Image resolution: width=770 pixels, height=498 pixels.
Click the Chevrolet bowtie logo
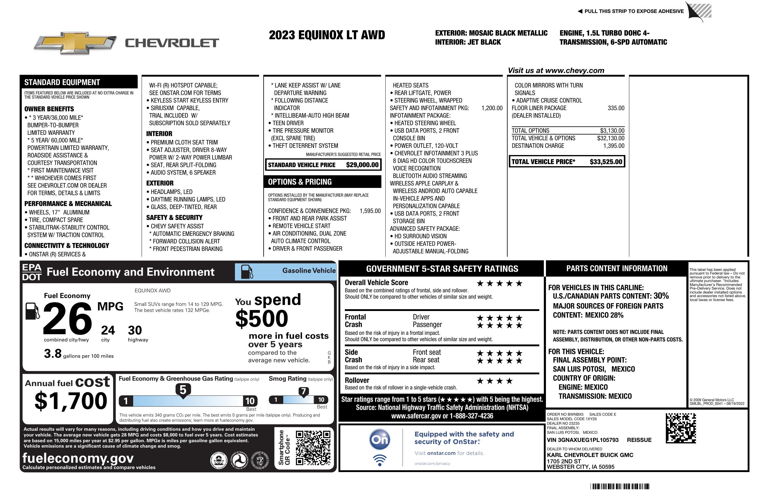pos(75,43)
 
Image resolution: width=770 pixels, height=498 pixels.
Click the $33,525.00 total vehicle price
pos(606,162)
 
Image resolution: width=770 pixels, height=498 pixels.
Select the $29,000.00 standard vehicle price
pos(362,165)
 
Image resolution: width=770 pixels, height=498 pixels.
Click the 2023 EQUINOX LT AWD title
pos(327,35)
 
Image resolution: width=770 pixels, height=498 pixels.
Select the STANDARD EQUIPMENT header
pos(62,82)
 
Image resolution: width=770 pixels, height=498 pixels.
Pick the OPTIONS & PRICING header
pos(300,182)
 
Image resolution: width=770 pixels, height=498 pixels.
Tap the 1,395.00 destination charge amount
pos(614,146)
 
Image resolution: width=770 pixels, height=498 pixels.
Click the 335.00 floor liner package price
pos(616,108)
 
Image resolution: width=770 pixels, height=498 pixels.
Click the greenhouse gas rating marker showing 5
pos(183,390)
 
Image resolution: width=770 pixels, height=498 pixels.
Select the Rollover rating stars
pos(495,381)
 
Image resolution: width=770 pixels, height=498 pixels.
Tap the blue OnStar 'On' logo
pos(380,439)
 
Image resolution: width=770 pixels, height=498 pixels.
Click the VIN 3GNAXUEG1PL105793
pos(582,440)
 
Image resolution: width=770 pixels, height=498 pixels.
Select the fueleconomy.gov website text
pos(78,458)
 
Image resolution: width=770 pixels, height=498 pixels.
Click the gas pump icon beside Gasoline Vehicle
pos(247,272)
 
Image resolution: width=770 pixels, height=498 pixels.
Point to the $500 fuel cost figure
pos(262,319)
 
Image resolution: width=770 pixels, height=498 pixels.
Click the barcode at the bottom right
pos(620,486)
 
